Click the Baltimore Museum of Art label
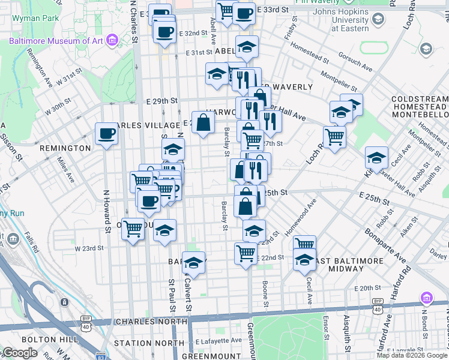point(56,41)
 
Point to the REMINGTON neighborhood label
point(65,148)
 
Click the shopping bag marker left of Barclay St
point(203,123)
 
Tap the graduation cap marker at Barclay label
point(193,263)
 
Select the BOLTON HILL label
point(56,340)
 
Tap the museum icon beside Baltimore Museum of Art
point(112,41)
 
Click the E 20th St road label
point(367,289)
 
